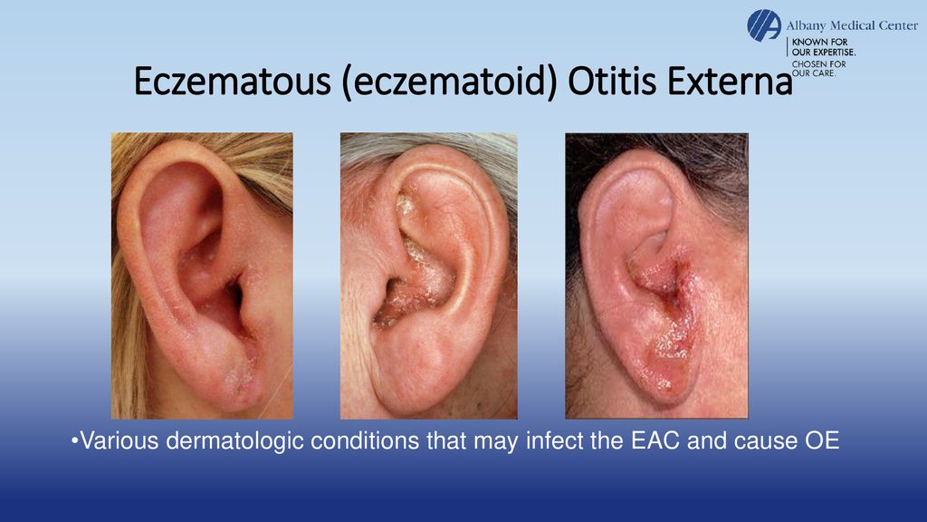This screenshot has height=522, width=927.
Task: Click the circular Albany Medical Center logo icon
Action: (x=763, y=24)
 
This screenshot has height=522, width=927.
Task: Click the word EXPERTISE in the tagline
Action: (x=828, y=53)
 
